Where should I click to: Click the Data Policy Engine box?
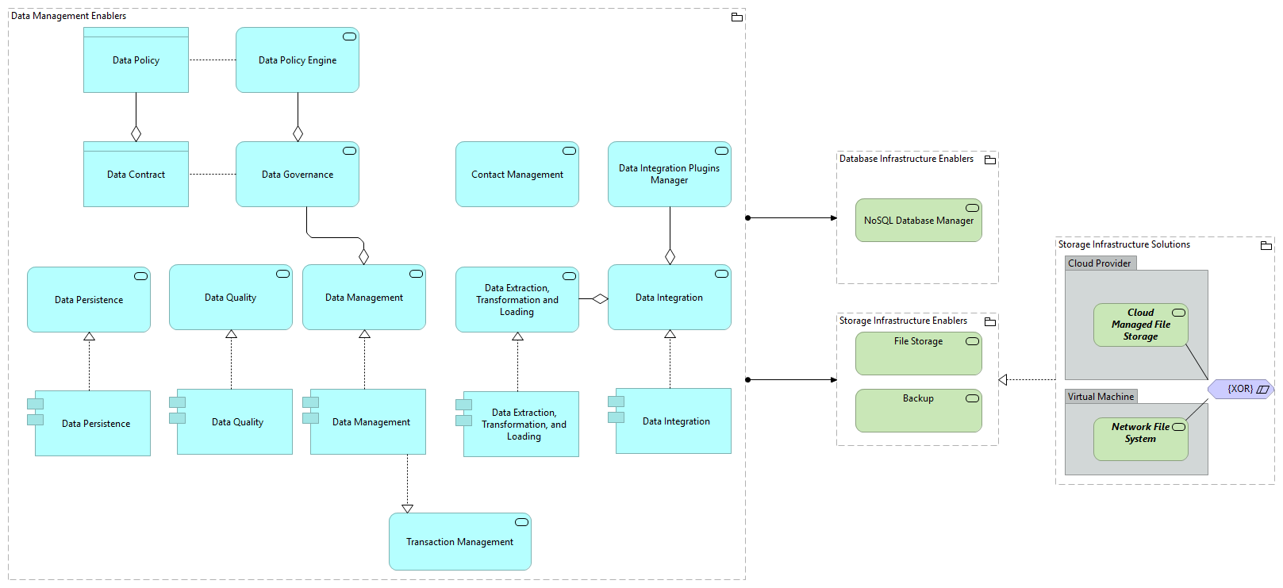297,60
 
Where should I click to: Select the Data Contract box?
136,175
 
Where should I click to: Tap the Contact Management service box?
517,175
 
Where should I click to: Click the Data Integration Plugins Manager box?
669,175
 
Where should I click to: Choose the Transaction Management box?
459,542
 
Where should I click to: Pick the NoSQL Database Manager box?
918,221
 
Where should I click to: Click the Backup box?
918,410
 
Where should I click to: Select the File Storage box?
918,353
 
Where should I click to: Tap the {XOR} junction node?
1240,389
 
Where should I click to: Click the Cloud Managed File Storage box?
1140,325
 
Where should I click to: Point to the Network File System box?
1140,439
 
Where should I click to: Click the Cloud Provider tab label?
1100,263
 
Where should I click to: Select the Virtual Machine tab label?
1101,397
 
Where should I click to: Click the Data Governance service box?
297,175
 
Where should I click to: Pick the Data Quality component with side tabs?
235,422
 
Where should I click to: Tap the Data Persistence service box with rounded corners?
88,300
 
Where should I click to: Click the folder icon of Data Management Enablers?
736,17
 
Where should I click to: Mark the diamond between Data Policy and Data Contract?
136,133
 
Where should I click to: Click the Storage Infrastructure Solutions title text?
1124,244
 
